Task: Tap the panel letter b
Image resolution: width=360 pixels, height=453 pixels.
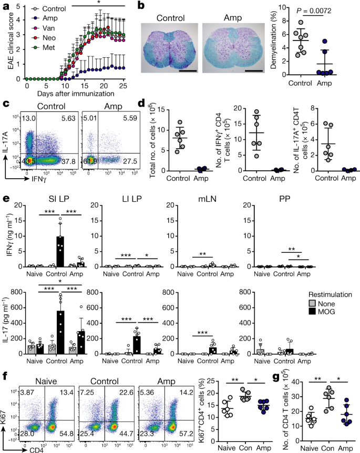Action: pos(140,6)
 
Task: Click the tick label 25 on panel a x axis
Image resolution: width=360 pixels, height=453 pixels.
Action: pos(122,86)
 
